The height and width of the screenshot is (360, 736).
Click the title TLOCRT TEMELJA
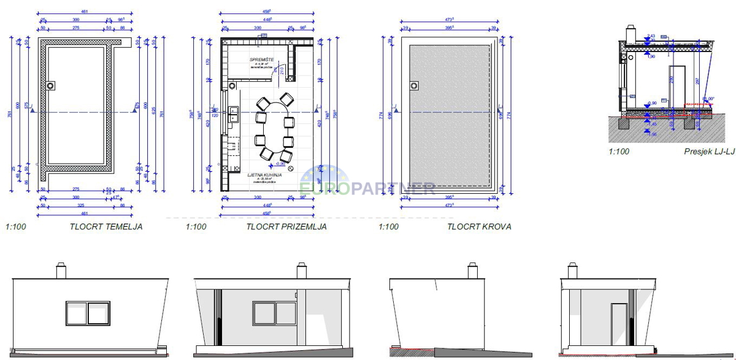point(106,227)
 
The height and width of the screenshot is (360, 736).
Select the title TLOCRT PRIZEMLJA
point(286,227)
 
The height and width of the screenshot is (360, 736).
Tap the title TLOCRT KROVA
point(479,227)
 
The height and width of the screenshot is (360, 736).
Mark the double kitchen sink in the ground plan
point(234,113)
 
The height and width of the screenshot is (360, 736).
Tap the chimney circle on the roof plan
point(414,85)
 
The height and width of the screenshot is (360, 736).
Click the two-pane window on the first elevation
point(88,313)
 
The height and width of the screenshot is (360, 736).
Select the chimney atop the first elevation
point(61,270)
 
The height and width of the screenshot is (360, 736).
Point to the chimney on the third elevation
point(472,270)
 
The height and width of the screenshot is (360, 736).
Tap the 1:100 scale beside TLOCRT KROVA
point(388,227)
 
